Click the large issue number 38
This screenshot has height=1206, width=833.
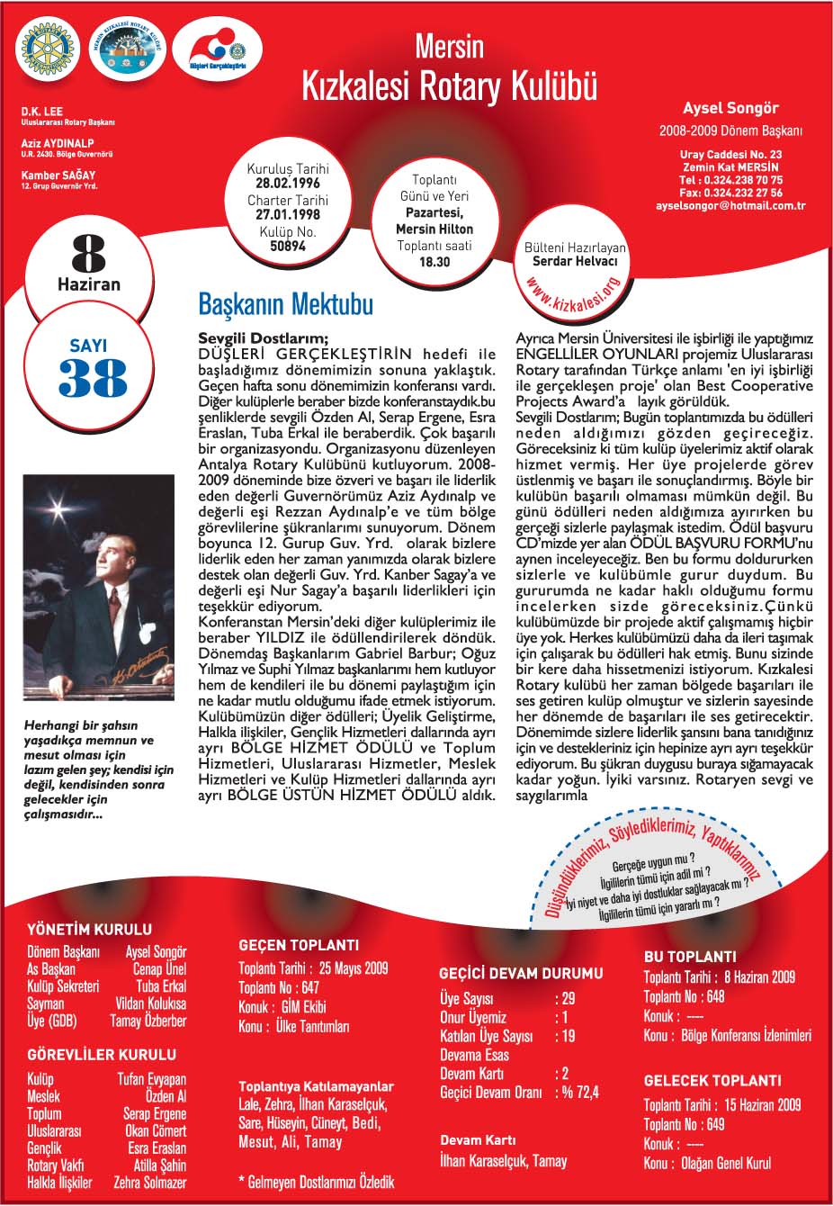coord(88,379)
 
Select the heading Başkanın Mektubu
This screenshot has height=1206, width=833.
coord(286,304)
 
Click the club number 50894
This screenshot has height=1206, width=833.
coord(288,245)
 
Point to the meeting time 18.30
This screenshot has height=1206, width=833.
coord(435,262)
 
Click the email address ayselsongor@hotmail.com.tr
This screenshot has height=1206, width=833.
coord(730,206)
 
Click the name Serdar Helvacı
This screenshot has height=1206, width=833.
coord(576,261)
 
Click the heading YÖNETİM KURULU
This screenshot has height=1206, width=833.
coord(90,929)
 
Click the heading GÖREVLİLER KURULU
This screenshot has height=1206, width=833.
coord(102,1054)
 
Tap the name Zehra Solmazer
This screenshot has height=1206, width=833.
coord(150,1182)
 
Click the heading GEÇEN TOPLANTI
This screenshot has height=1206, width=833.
coord(299,945)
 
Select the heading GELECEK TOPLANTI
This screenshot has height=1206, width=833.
coord(712,1080)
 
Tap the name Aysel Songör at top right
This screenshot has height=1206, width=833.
coord(730,109)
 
